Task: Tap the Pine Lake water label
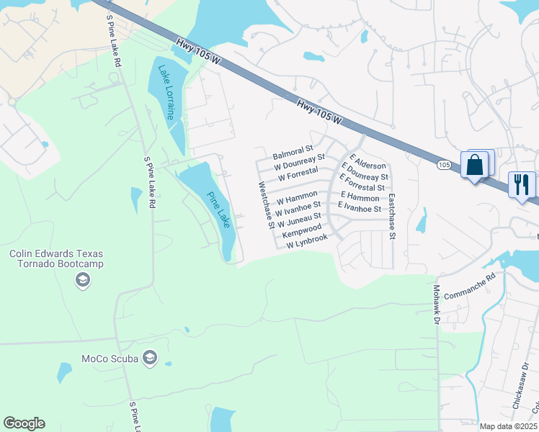click(218, 210)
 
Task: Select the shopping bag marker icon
click(476, 166)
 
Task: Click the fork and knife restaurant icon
click(521, 184)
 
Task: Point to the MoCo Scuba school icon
click(150, 358)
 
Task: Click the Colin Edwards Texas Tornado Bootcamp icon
click(83, 279)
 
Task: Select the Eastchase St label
click(392, 216)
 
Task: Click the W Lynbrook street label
click(307, 242)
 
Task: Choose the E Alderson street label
click(369, 161)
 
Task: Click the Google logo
click(24, 423)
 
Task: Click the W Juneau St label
click(299, 219)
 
